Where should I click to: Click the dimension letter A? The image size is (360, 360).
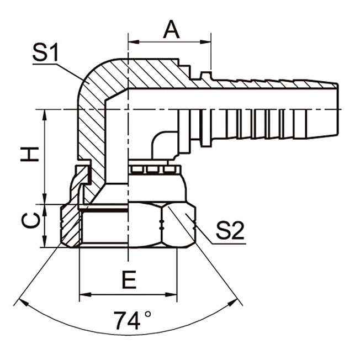coord(171,29)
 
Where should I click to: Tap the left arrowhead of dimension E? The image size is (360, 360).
coord(83,295)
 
